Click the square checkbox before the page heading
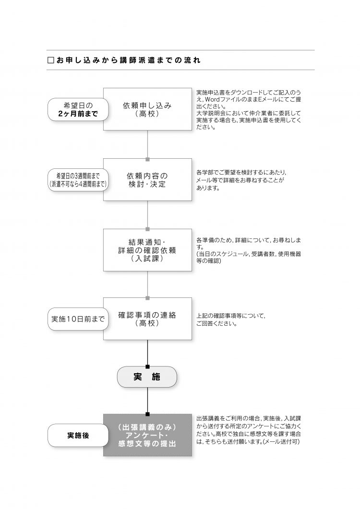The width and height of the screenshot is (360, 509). tap(50, 60)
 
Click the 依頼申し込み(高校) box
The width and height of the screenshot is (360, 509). tap(147, 109)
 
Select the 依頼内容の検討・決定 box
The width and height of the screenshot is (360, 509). tap(147, 179)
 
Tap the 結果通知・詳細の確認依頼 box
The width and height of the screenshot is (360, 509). tap(147, 250)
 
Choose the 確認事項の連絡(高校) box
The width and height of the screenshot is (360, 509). tap(147, 319)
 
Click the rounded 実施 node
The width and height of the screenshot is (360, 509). tap(147, 377)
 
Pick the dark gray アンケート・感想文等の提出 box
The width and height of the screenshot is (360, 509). tap(147, 435)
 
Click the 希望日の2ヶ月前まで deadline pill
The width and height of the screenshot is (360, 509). tap(78, 109)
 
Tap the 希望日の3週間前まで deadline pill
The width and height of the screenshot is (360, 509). tap(78, 180)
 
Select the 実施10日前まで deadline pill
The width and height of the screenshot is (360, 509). tap(78, 319)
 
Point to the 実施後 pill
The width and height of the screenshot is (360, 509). tap(78, 435)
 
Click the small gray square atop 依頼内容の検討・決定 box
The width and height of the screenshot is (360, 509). tap(147, 159)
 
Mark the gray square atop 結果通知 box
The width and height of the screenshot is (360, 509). tap(147, 229)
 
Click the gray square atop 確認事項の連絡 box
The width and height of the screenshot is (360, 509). tap(147, 298)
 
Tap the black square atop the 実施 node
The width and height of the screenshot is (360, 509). tap(147, 367)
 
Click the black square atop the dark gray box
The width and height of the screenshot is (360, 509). tap(147, 414)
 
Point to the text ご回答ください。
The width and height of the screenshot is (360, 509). tap(216, 324)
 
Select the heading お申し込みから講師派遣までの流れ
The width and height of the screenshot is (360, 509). tap(128, 60)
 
